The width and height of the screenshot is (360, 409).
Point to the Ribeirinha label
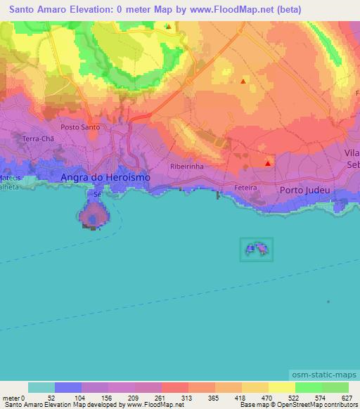pyautogui.click(x=186, y=167)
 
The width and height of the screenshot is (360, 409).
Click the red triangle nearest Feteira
pyautogui.click(x=268, y=164)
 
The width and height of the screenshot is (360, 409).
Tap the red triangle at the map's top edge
pyautogui.click(x=168, y=27)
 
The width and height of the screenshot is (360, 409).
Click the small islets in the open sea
pyautogui.click(x=257, y=249)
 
